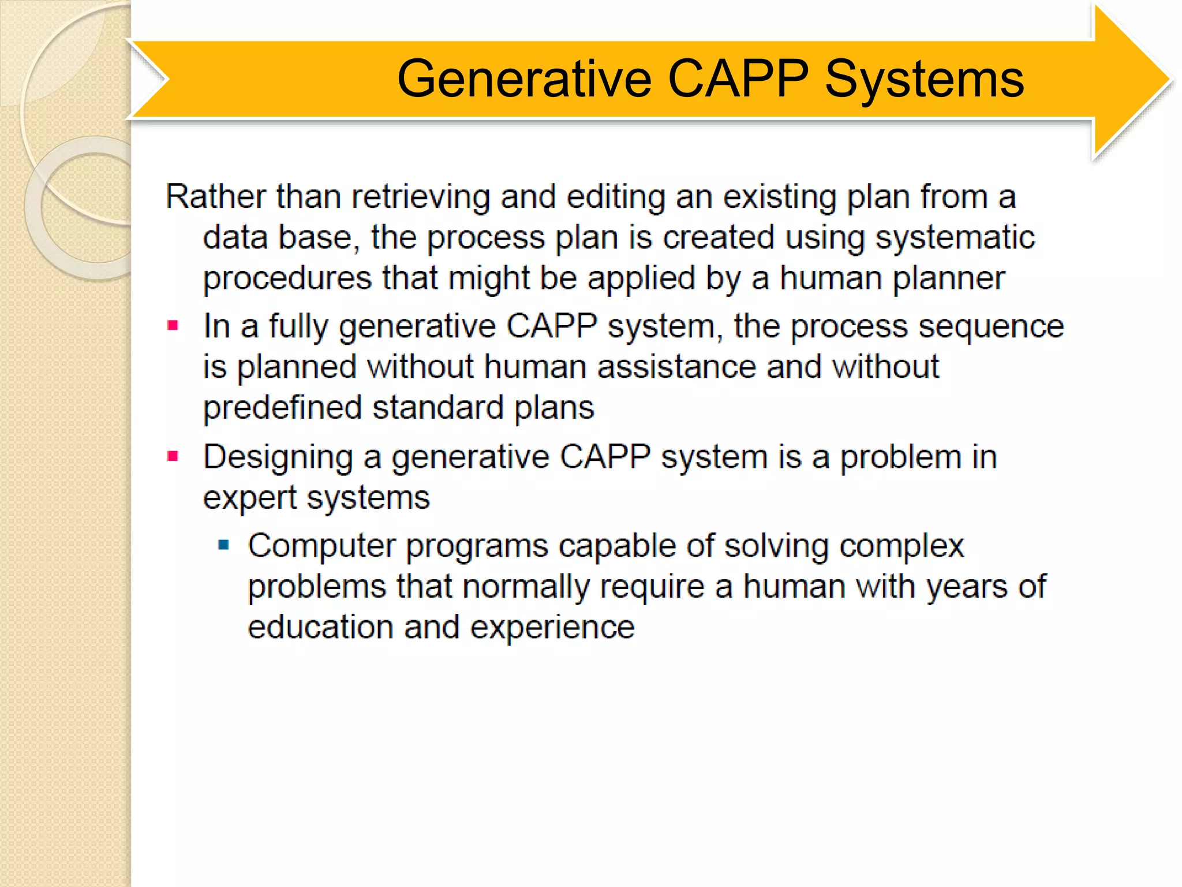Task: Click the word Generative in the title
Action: (x=524, y=79)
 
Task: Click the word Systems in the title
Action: (x=924, y=79)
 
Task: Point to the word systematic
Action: (x=955, y=238)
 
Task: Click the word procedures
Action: (x=287, y=279)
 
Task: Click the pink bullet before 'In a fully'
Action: (x=173, y=326)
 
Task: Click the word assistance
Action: (x=676, y=367)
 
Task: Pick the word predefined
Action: (x=282, y=408)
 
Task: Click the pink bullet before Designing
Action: (x=173, y=457)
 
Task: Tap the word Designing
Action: (x=278, y=458)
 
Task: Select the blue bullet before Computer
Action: (x=224, y=545)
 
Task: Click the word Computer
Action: (x=321, y=546)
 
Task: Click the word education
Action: (x=320, y=627)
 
